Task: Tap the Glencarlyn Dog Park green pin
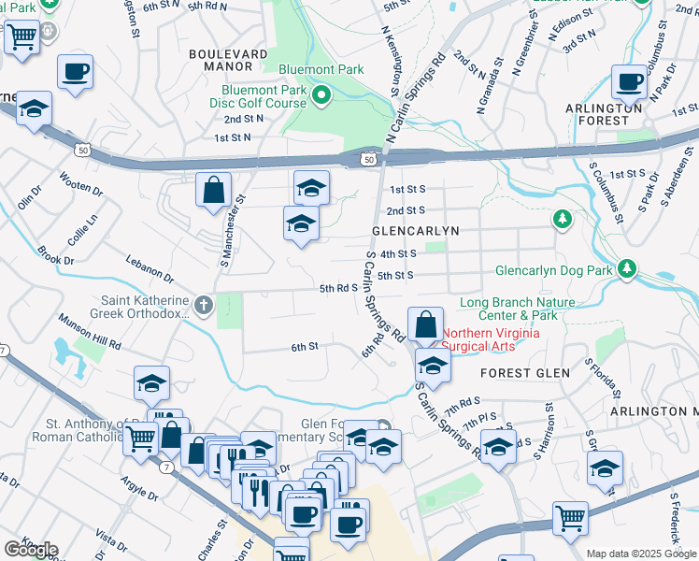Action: pos(626,271)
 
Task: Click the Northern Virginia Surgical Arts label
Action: pos(491,339)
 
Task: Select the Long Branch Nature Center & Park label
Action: pos(518,308)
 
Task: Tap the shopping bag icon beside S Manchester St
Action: pos(214,190)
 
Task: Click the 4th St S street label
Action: pos(397,253)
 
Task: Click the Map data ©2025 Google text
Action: pos(641,554)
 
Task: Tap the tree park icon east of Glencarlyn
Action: pos(562,220)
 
